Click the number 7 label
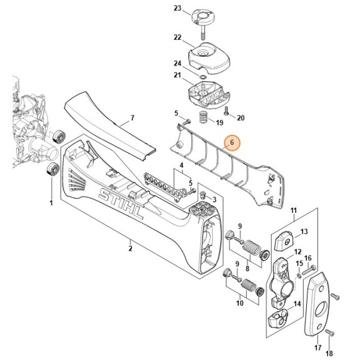point(132,117)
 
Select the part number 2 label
point(131,248)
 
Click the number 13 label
point(305,232)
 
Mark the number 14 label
point(297,304)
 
